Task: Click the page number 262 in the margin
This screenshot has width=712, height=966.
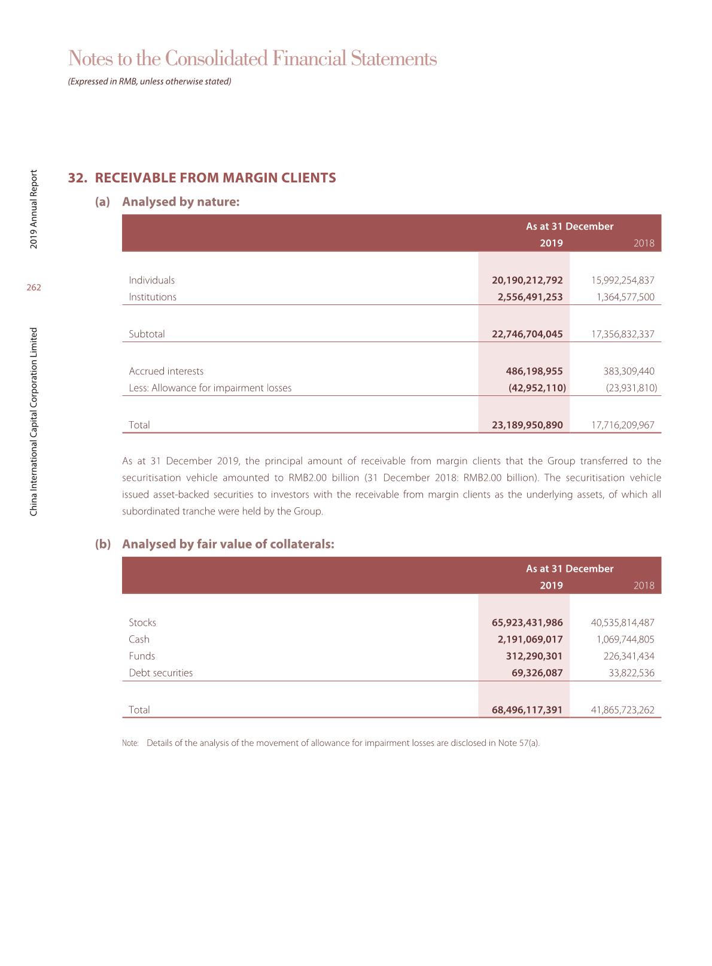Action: (x=34, y=288)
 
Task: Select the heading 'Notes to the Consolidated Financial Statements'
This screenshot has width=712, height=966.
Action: (x=252, y=59)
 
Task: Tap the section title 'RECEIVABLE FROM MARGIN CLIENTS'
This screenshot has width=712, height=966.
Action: (x=215, y=178)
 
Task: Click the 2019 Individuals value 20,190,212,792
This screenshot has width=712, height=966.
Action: (x=527, y=280)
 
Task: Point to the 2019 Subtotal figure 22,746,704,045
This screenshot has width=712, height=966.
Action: (x=527, y=334)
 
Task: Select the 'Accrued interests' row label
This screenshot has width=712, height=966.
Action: (x=166, y=371)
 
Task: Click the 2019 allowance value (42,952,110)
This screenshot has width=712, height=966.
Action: (x=537, y=388)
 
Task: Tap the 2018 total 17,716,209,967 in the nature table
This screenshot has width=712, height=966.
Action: (x=622, y=425)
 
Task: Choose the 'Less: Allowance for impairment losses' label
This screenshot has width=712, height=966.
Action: (x=210, y=388)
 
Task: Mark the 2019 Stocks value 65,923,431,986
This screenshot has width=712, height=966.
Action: (x=527, y=622)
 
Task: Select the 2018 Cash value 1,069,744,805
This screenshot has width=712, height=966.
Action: (x=625, y=639)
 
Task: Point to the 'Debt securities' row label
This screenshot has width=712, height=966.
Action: (x=161, y=672)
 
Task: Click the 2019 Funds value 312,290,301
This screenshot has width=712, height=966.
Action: (x=534, y=656)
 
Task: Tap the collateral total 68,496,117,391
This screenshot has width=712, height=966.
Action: (x=527, y=709)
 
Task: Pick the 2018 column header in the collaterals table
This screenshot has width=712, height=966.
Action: (x=644, y=585)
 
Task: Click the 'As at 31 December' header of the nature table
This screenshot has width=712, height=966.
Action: (x=570, y=226)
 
